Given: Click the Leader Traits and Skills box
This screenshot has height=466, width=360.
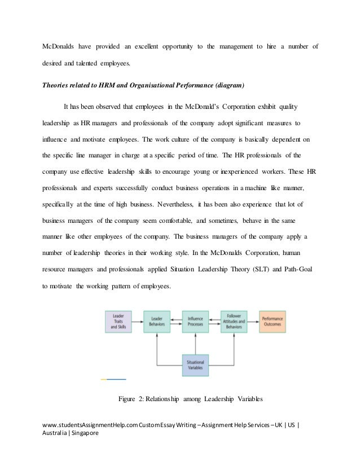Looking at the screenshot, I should pos(118,321).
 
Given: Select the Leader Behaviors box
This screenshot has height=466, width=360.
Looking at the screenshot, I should pos(156,321).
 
